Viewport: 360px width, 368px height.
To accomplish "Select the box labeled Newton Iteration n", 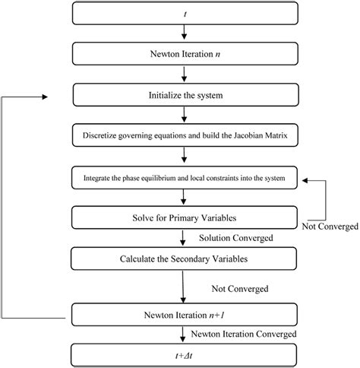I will (185, 54).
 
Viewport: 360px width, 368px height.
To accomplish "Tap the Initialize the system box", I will (185, 96).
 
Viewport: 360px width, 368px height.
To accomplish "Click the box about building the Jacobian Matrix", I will (185, 137).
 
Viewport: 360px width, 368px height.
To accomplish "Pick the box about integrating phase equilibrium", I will (185, 179).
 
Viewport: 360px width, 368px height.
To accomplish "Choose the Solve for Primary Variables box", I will (185, 219).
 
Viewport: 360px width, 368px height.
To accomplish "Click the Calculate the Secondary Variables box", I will (185, 259).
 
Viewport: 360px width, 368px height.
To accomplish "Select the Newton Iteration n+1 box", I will (185, 314).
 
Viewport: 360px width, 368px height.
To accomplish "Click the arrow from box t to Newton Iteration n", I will (185, 33).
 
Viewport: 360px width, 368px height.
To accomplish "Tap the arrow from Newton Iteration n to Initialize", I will (185, 75).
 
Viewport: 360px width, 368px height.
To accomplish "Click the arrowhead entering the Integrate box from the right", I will (305, 179).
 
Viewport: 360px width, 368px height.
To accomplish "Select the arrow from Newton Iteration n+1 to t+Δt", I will (185, 335).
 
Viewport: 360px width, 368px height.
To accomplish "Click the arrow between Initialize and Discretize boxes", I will (185, 116).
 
